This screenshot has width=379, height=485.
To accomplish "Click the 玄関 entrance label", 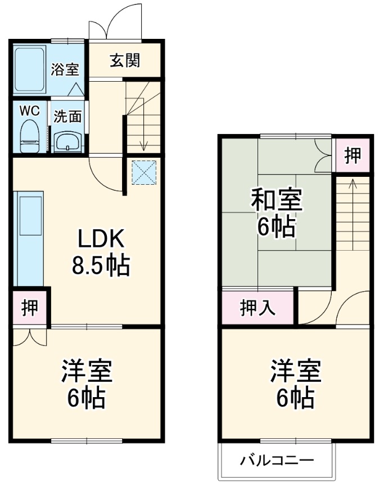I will point(125,61).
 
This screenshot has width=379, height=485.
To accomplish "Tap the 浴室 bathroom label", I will point(65,70).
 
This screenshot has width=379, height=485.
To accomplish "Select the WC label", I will point(29,110).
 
